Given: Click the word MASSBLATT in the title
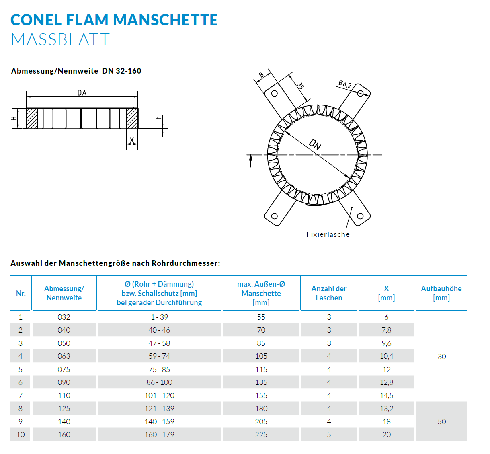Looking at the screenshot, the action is tap(60, 39).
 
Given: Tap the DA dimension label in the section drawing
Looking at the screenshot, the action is tap(82, 93).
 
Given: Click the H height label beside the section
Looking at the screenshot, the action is tap(14, 119).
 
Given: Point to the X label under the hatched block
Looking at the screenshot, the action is tap(132, 140).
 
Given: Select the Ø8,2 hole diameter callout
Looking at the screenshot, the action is tap(344, 84).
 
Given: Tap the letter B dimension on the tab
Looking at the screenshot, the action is tap(261, 74).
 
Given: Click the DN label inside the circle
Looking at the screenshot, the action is tap(315, 144).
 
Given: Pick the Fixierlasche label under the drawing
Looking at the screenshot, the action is tap(328, 234).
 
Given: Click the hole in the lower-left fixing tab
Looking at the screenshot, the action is tap(275, 216).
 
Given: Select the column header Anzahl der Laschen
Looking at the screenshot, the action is tap(329, 293).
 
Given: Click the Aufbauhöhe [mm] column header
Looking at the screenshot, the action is tap(441, 293).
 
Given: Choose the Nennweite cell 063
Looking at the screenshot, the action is tap(64, 356).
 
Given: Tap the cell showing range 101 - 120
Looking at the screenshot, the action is tap(160, 396).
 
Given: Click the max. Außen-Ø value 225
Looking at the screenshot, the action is tap(261, 435).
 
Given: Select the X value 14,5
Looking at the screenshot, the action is tap(386, 396).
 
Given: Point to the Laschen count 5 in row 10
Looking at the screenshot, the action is tap(329, 435).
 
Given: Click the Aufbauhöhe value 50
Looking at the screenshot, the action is tap(442, 422).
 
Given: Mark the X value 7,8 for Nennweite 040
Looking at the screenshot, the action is tap(386, 330).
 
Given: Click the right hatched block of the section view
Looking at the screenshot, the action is tap(132, 118).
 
